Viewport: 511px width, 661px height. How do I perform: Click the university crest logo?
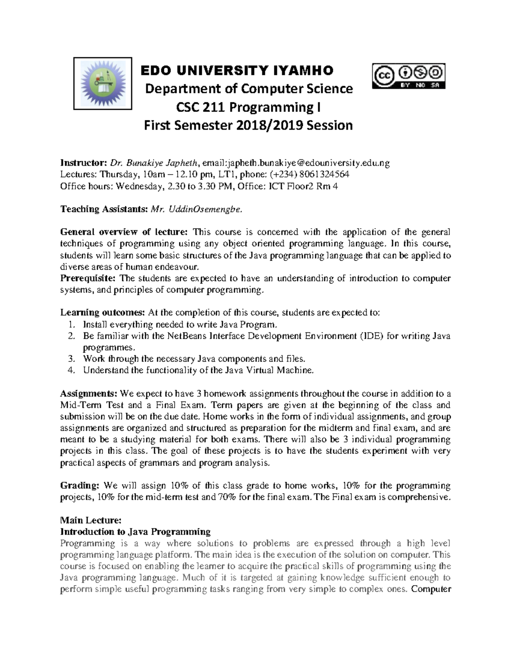[103, 83]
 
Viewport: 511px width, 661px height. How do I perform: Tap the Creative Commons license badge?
[409, 76]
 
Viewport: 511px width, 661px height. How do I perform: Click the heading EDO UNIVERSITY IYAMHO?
[237, 70]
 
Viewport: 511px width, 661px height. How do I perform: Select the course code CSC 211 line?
[249, 107]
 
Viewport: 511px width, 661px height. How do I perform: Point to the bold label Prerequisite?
[88, 278]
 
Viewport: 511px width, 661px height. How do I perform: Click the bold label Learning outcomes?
[103, 313]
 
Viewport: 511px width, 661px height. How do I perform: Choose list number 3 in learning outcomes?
[72, 359]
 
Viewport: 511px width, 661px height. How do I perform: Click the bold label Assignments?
[89, 394]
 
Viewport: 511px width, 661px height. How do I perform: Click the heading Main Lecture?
[91, 520]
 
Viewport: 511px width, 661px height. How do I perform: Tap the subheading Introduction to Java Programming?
[135, 532]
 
